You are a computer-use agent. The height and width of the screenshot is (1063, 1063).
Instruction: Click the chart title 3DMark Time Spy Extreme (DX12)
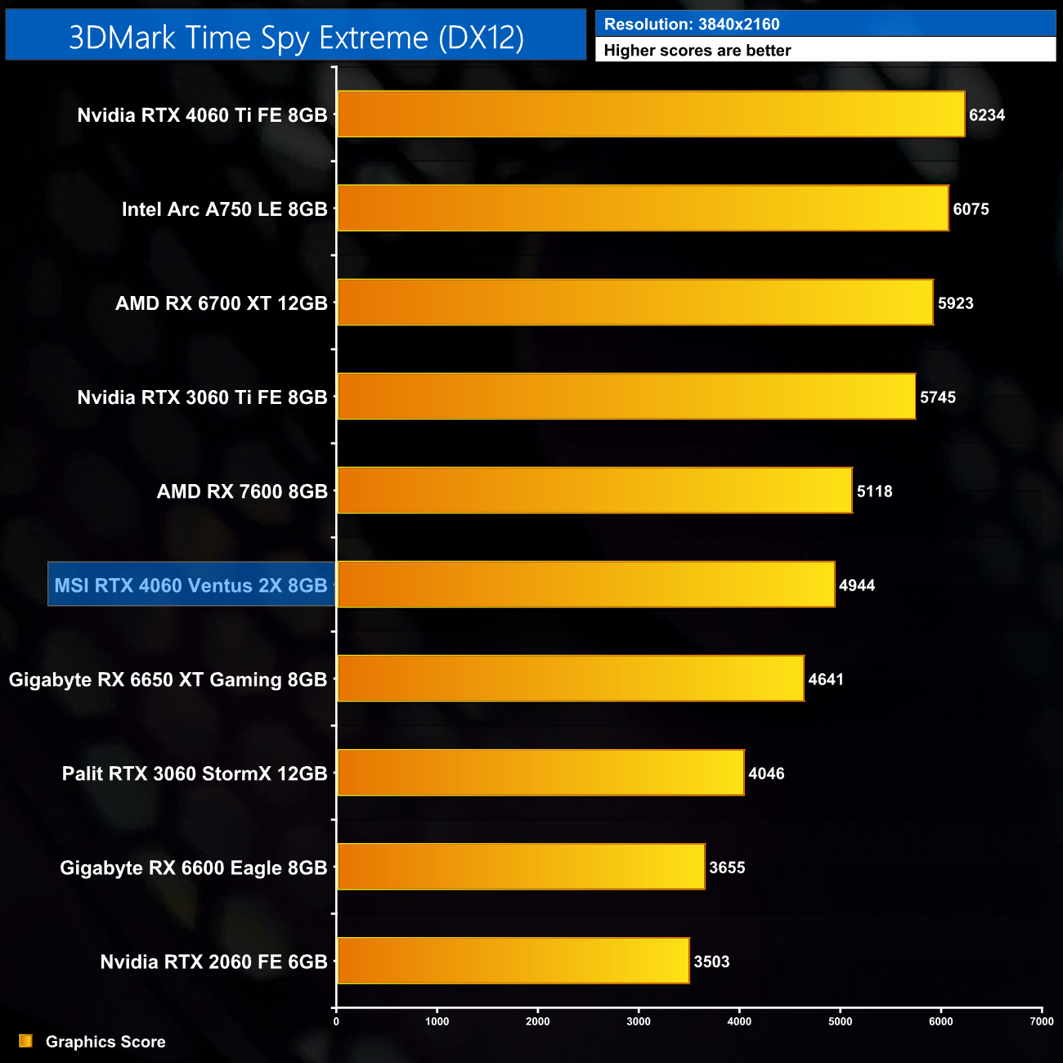click(x=296, y=37)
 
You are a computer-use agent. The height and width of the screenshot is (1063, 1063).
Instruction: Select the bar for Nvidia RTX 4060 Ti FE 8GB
click(x=651, y=114)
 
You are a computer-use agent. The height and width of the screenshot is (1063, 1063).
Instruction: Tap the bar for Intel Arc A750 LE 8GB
click(x=643, y=209)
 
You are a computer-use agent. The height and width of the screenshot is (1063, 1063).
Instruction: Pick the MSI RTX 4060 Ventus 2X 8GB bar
click(x=585, y=585)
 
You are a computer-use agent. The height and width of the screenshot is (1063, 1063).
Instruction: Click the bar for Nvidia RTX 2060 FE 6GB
click(x=513, y=961)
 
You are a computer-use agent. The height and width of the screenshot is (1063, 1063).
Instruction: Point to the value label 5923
click(x=955, y=303)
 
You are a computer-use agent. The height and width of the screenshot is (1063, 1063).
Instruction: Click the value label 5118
click(x=874, y=491)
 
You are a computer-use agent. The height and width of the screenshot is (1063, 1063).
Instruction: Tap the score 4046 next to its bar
click(x=766, y=774)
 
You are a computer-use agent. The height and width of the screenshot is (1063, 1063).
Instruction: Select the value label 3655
click(x=727, y=868)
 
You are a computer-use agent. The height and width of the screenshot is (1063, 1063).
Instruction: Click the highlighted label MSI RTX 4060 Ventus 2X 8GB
click(x=191, y=585)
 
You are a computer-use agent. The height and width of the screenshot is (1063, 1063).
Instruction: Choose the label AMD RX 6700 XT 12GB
click(x=221, y=303)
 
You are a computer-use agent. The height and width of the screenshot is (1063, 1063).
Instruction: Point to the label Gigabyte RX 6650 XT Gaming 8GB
click(x=168, y=680)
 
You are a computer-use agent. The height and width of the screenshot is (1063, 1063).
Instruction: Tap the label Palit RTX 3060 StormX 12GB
click(x=195, y=774)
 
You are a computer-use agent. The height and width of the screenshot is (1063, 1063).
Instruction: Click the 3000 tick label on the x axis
click(x=639, y=1021)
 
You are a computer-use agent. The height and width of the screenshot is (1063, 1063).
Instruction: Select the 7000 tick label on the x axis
click(x=1042, y=1021)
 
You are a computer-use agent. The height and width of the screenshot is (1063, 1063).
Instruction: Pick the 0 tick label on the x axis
click(x=336, y=1021)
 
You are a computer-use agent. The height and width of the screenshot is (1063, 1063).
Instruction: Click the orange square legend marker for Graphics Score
click(x=26, y=1041)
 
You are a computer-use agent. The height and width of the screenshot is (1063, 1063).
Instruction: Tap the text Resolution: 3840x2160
click(x=692, y=25)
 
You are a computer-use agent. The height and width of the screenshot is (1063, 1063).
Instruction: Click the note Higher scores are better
click(x=697, y=51)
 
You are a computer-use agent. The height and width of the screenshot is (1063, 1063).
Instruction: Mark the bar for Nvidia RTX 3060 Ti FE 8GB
click(x=626, y=397)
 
